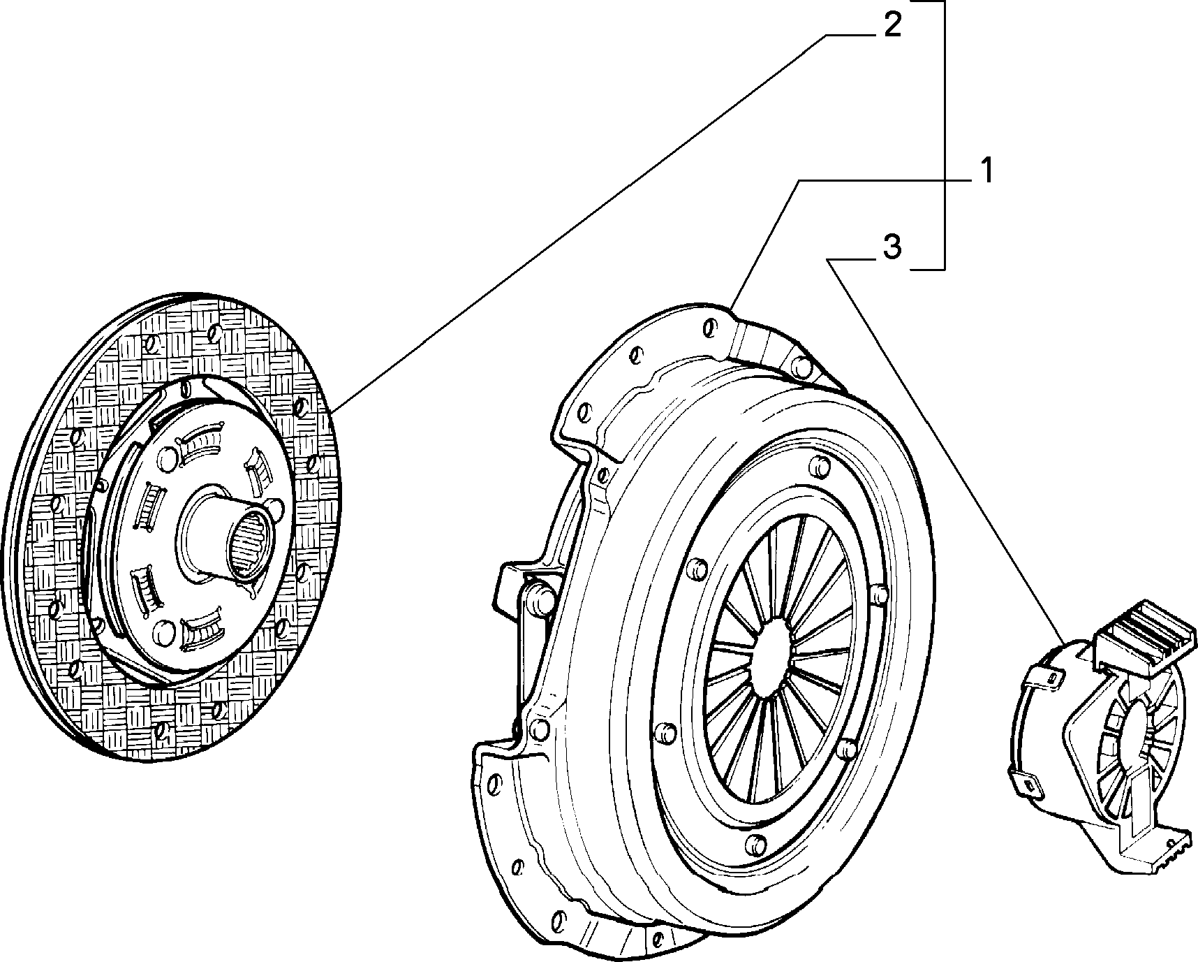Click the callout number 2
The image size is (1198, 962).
tap(892, 25)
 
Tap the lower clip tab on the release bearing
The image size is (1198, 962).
tap(1026, 783)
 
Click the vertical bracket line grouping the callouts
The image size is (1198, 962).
tap(945, 135)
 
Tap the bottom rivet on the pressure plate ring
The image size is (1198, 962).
tap(753, 843)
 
